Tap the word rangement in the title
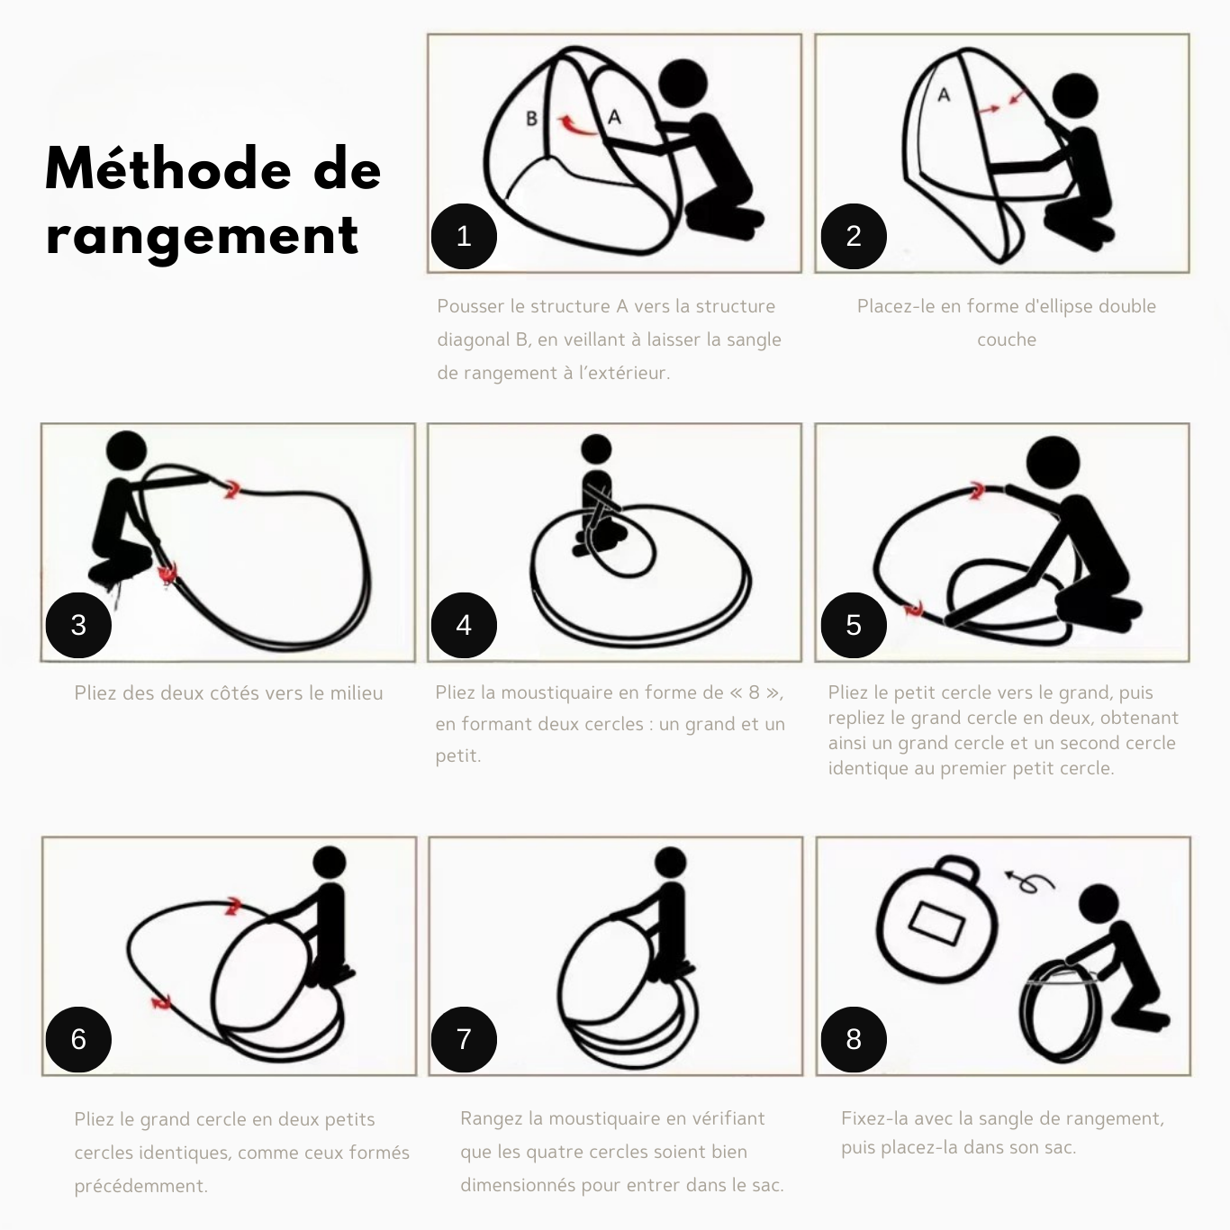pyautogui.click(x=203, y=236)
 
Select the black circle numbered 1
pyautogui.click(x=464, y=236)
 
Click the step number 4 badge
pyautogui.click(x=464, y=625)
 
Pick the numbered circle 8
pyautogui.click(x=854, y=1039)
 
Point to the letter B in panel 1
pyautogui.click(x=531, y=118)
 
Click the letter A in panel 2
pyautogui.click(x=944, y=95)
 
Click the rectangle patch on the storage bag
pyautogui.click(x=936, y=924)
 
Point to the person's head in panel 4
pyautogui.click(x=597, y=448)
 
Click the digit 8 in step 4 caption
pyautogui.click(x=755, y=692)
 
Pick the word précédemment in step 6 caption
pyautogui.click(x=141, y=1185)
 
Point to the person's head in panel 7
pyautogui.click(x=670, y=863)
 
